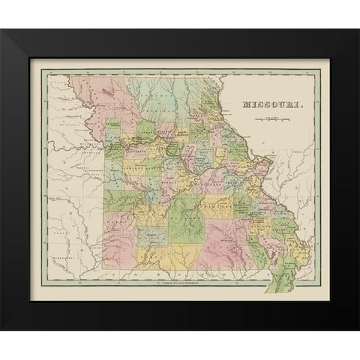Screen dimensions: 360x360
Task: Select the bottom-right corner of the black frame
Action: [355, 329]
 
